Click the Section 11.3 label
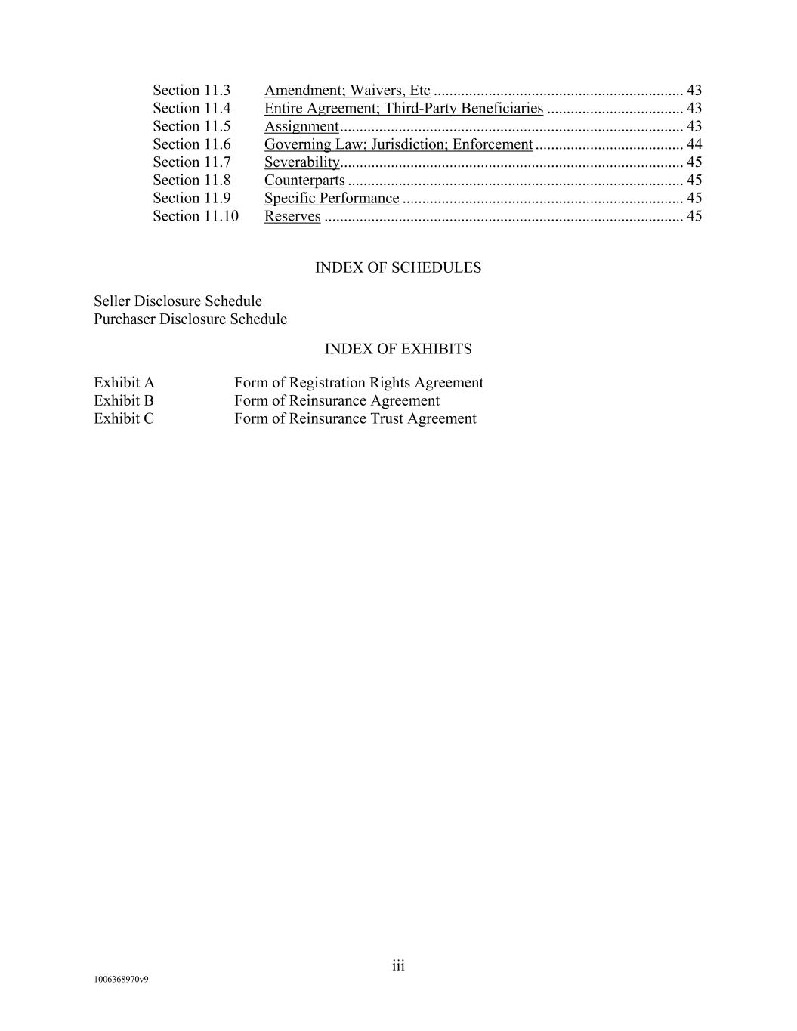(x=191, y=91)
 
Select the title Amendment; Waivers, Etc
(x=347, y=91)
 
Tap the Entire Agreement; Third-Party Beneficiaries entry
(x=403, y=109)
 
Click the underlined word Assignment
(x=301, y=127)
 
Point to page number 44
(x=694, y=144)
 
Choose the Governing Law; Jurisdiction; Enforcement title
(x=398, y=144)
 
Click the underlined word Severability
(x=302, y=162)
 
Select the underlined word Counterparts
(x=304, y=181)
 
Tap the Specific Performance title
(x=332, y=199)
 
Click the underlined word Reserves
(x=292, y=217)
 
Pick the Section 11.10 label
(x=195, y=217)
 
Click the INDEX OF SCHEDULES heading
(x=398, y=268)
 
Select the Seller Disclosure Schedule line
(x=178, y=301)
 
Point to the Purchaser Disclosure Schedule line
(x=190, y=319)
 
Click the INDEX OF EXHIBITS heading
(x=398, y=350)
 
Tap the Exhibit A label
(x=124, y=383)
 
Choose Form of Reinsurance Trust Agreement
(x=355, y=419)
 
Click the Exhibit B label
(x=124, y=401)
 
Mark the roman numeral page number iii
(x=398, y=966)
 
